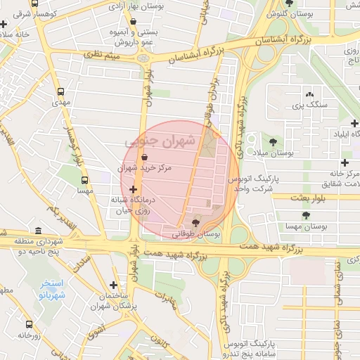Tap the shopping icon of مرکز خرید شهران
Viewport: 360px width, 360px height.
click(x=144, y=157)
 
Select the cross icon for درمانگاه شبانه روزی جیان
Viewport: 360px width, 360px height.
click(x=133, y=188)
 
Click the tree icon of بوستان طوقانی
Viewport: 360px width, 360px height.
click(x=195, y=222)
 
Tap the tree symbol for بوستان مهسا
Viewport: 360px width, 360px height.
click(x=305, y=216)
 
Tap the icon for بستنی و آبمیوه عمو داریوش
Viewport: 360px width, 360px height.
click(x=133, y=21)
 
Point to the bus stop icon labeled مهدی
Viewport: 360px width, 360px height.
click(x=61, y=91)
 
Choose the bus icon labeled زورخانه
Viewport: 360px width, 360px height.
click(x=30, y=324)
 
